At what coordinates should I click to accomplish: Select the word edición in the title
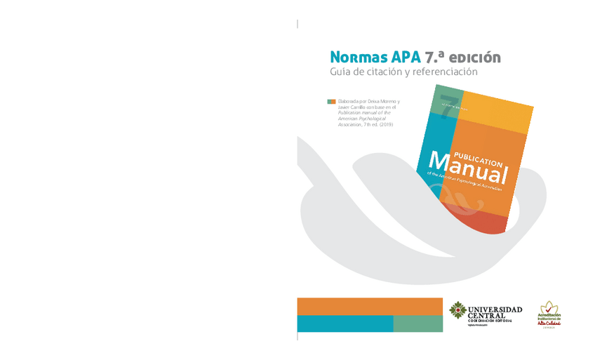tap(475, 56)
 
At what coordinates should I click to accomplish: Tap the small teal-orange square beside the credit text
tap(331, 101)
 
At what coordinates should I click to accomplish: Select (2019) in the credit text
tap(383, 124)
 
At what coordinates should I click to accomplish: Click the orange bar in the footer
tap(369, 306)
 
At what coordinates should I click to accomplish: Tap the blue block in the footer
tap(345, 324)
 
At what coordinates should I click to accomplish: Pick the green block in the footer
tap(417, 324)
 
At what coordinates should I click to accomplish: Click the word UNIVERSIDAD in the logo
tap(495, 309)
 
